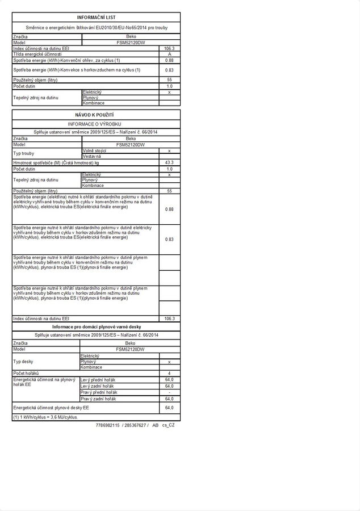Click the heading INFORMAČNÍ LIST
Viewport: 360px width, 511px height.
[x=96, y=18]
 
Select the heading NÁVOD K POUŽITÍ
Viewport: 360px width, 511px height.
[x=96, y=115]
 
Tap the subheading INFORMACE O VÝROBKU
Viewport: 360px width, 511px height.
[x=96, y=123]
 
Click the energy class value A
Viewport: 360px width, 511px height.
[x=169, y=54]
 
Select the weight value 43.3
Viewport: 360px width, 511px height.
[x=169, y=162]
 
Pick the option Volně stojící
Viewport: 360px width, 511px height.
[x=95, y=150]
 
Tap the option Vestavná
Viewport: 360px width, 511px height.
[x=92, y=156]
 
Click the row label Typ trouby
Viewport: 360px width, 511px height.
[x=24, y=153]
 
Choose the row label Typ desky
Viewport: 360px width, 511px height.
[x=24, y=361]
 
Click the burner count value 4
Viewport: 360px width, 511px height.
[x=169, y=373]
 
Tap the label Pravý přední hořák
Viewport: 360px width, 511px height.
[x=99, y=392]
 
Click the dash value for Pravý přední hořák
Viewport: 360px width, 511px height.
[x=169, y=392]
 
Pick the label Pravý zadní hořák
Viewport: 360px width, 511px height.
[x=99, y=399]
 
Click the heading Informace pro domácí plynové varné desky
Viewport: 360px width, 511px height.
[x=96, y=327]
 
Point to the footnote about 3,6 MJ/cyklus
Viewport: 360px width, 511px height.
[x=45, y=417]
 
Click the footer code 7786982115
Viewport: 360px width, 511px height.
[x=108, y=425]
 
